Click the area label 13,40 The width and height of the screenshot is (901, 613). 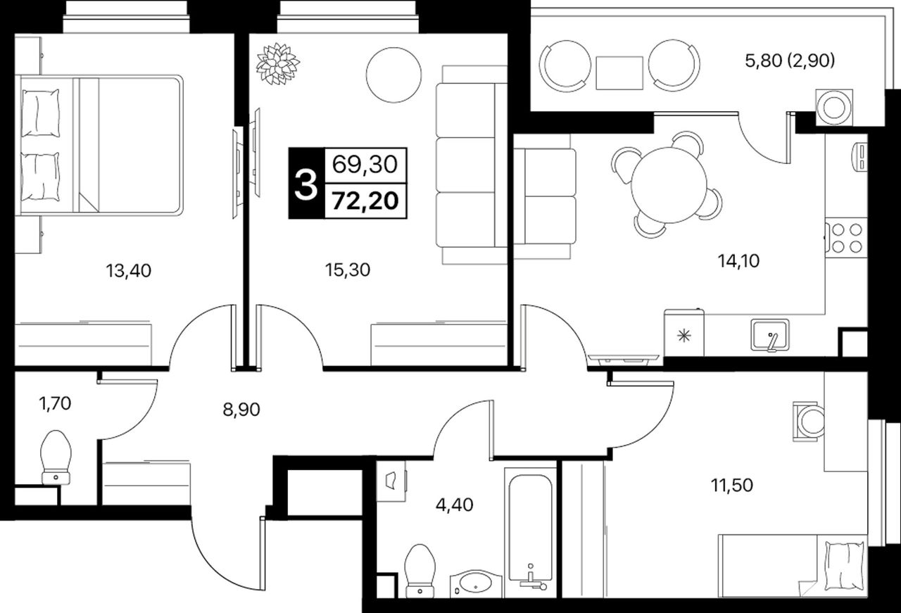coord(128,271)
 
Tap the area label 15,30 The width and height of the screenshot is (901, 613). coord(348,270)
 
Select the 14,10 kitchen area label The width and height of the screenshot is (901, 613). coord(738,261)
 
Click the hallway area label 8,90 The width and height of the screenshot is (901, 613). coord(241,410)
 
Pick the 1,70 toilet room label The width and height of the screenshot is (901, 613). coord(55,403)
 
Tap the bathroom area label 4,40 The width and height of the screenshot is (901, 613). coord(454,505)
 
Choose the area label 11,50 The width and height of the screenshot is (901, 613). coord(731,485)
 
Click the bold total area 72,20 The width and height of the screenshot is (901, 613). coord(365,201)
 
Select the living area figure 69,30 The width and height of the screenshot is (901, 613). coord(365,165)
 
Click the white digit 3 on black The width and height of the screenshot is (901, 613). coord(306,184)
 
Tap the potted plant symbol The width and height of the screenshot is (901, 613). coord(277,63)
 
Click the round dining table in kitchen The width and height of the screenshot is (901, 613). coord(669,185)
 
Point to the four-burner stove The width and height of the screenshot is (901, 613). coord(846,238)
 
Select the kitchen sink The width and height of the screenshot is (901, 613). coord(770,335)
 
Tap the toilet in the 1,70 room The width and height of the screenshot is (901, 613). coord(56,457)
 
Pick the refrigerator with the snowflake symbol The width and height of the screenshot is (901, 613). coord(683,333)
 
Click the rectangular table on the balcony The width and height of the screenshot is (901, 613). coord(619,72)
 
